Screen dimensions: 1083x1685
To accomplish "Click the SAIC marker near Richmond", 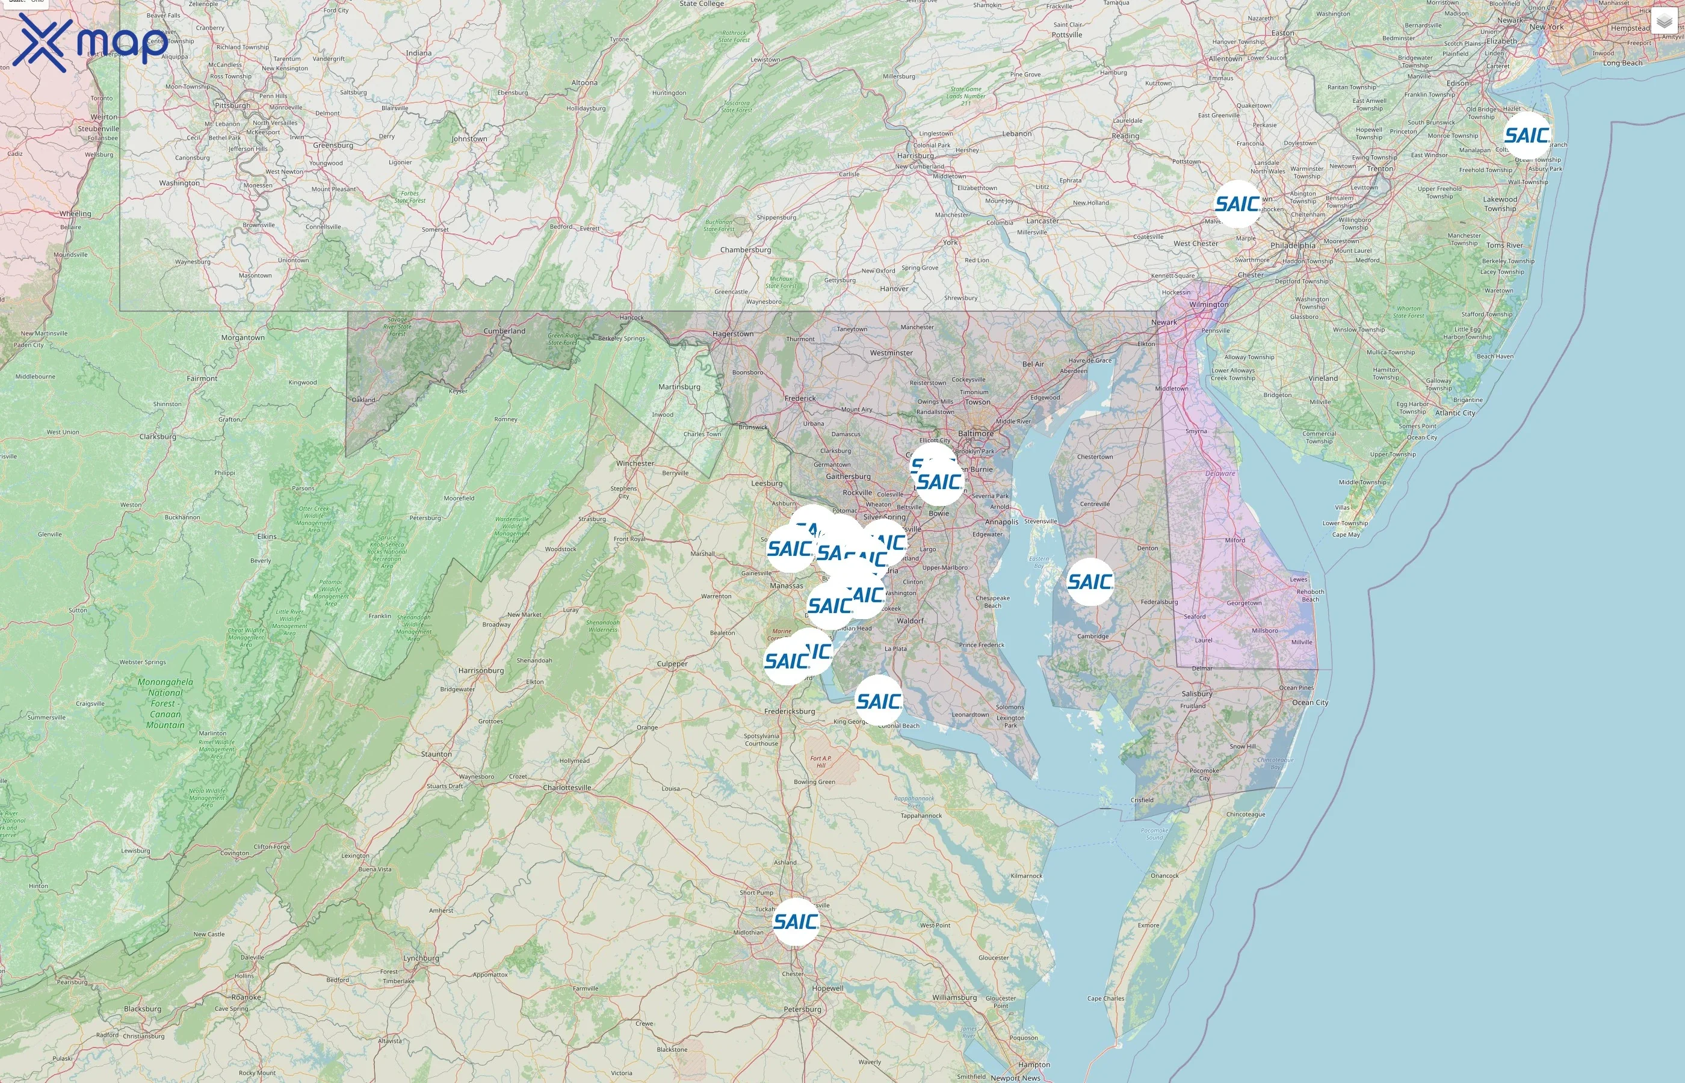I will pos(796,921).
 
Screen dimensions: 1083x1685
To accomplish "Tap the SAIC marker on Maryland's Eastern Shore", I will pos(1090,582).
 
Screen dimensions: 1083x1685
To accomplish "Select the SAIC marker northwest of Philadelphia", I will pos(1237,204).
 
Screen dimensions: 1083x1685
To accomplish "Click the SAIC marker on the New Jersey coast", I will pos(1527,135).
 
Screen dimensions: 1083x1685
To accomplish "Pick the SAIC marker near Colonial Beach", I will pos(879,700).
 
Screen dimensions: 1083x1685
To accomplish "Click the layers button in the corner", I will pos(1664,22).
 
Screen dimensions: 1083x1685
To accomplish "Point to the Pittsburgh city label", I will pos(232,105).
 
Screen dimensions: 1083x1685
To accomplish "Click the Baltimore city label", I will pos(975,433).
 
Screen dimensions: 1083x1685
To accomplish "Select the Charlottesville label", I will pos(567,788).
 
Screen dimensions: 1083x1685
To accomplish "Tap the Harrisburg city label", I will pos(915,156).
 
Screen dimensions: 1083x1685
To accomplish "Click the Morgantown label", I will pos(243,338).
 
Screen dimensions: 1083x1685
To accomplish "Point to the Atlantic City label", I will pos(1455,413).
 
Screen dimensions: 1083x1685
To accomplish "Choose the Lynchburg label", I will pos(421,958).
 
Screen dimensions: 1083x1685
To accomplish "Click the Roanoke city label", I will pos(246,997).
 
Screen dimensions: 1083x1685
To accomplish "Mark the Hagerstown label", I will pos(733,334).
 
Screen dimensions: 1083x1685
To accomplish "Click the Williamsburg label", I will pos(954,997).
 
